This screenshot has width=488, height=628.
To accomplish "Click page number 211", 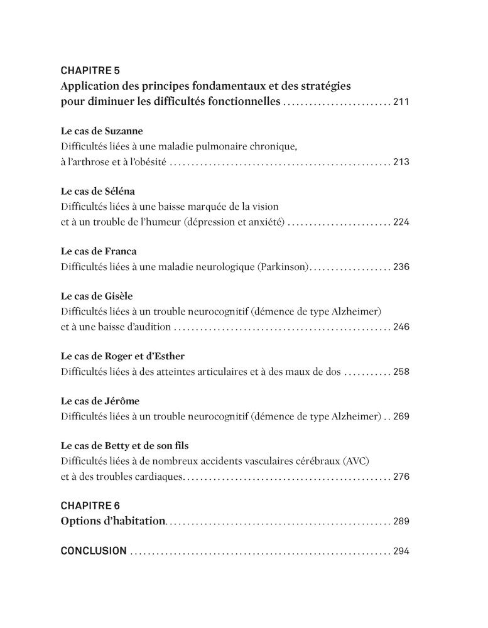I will click(x=401, y=102).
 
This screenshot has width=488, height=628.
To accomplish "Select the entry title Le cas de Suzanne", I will click(x=102, y=131).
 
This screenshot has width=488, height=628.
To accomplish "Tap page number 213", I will click(x=401, y=162).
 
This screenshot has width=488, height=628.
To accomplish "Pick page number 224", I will click(x=401, y=222).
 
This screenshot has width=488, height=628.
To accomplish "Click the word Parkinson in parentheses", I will click(x=283, y=267).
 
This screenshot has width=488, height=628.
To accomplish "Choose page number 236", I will click(x=401, y=267).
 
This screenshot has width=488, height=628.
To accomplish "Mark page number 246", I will click(x=401, y=327).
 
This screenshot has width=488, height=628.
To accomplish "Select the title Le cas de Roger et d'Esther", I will click(x=122, y=357).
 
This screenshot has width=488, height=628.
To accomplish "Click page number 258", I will click(x=401, y=372).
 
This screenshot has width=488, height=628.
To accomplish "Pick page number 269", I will click(x=401, y=416).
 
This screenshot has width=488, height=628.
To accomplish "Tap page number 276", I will click(x=401, y=477).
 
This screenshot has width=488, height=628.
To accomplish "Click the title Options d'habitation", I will click(x=113, y=521).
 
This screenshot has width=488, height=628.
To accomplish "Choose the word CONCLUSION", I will click(x=94, y=551).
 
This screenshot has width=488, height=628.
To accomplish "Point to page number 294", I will click(x=401, y=551).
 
